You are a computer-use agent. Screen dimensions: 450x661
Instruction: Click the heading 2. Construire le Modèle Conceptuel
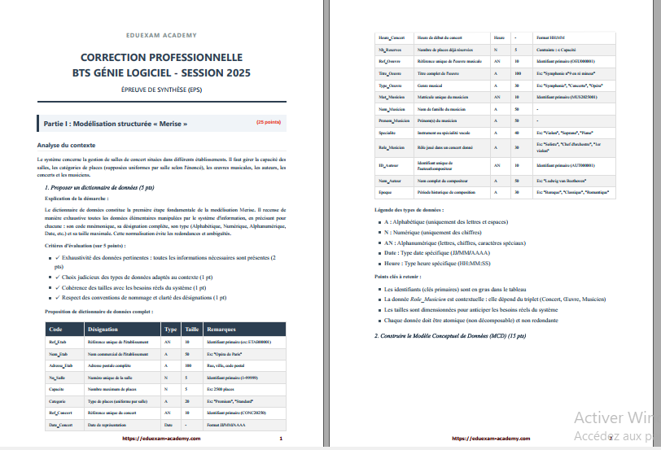coord(449,334)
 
